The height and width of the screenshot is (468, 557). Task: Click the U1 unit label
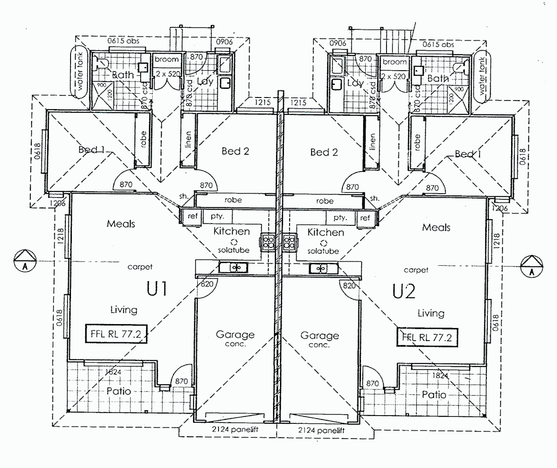point(157,289)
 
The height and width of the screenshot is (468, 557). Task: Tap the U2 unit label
point(404,292)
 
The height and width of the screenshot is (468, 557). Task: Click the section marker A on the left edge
point(25,261)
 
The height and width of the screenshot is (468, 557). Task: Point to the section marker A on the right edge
point(531,266)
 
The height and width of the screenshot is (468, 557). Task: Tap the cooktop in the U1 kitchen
point(267,242)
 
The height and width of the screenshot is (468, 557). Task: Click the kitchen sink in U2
point(321,268)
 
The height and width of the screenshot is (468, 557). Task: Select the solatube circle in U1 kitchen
point(234,242)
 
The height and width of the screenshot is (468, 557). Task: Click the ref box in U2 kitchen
point(365,218)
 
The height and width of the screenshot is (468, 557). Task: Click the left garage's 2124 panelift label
point(235,430)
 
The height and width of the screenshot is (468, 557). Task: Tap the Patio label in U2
point(434,394)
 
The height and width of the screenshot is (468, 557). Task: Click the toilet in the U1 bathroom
point(101,64)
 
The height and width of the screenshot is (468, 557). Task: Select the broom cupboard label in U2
point(395,62)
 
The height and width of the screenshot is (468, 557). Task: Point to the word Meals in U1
point(121,224)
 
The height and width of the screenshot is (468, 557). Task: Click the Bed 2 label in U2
point(324,152)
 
